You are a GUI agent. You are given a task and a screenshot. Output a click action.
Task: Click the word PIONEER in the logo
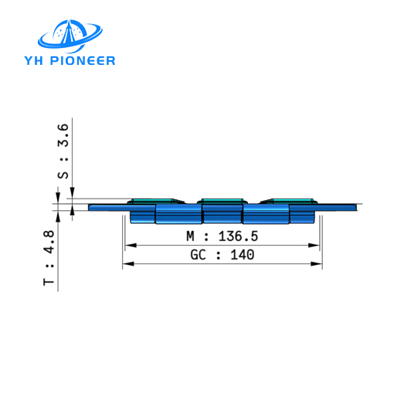click(x=85, y=60)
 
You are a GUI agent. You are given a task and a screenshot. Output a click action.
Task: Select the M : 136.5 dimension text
click(x=222, y=236)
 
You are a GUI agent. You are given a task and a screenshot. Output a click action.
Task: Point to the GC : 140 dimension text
click(x=222, y=254)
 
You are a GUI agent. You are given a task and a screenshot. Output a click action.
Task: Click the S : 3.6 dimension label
click(x=64, y=151)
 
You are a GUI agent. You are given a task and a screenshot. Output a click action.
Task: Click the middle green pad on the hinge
click(x=222, y=202)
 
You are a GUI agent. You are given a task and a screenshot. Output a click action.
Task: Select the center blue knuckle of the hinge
click(x=222, y=213)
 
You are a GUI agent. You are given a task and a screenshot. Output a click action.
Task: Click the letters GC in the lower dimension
click(x=198, y=254)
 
